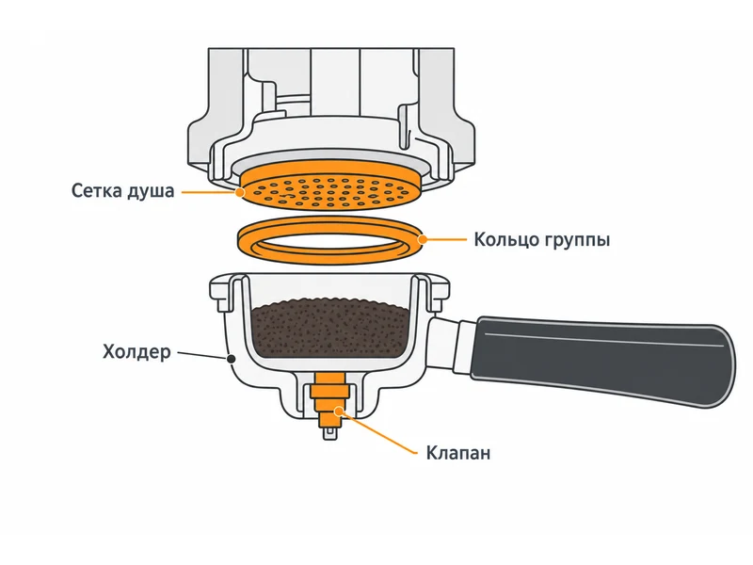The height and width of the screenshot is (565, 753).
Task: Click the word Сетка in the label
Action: [x=97, y=191]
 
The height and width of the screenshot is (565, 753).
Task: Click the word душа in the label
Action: [x=151, y=192]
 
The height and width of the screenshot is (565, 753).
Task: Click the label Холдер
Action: [x=136, y=352]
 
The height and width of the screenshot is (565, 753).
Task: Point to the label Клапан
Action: [x=458, y=453]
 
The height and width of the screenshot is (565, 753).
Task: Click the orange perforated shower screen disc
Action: [x=331, y=187]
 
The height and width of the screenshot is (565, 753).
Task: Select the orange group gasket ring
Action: [x=331, y=240]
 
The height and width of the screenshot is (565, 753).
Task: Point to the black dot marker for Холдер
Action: [x=231, y=359]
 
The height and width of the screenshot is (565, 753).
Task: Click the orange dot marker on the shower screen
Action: [x=240, y=193]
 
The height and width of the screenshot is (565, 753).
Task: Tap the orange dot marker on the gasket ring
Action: [x=422, y=239]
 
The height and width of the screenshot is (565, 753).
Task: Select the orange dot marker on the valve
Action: [x=340, y=411]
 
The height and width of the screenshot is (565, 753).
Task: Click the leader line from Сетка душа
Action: [x=209, y=193]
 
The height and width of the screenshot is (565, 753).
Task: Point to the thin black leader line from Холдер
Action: [x=202, y=355]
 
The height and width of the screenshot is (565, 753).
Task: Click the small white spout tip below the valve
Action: [x=330, y=434]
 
